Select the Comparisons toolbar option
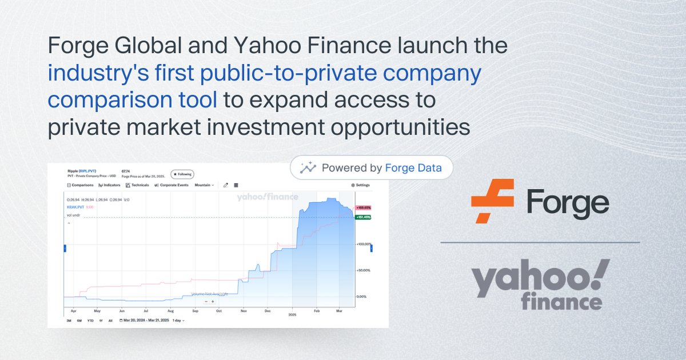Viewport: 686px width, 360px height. [x=80, y=185]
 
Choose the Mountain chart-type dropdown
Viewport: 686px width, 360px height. [x=204, y=185]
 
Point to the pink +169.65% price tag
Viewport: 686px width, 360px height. [x=364, y=207]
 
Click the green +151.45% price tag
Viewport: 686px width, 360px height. [x=364, y=217]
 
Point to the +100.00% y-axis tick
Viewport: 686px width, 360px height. [x=364, y=244]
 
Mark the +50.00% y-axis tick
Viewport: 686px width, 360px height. [x=365, y=270]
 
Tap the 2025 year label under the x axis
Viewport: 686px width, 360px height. [x=292, y=315]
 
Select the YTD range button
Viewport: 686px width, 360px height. [x=90, y=321]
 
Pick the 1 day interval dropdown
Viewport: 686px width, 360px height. [x=178, y=321]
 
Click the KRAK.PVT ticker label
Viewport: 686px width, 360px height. [x=74, y=206]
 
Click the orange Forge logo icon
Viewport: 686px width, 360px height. [x=492, y=201]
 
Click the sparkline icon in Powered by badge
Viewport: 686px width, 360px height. [x=309, y=168]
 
